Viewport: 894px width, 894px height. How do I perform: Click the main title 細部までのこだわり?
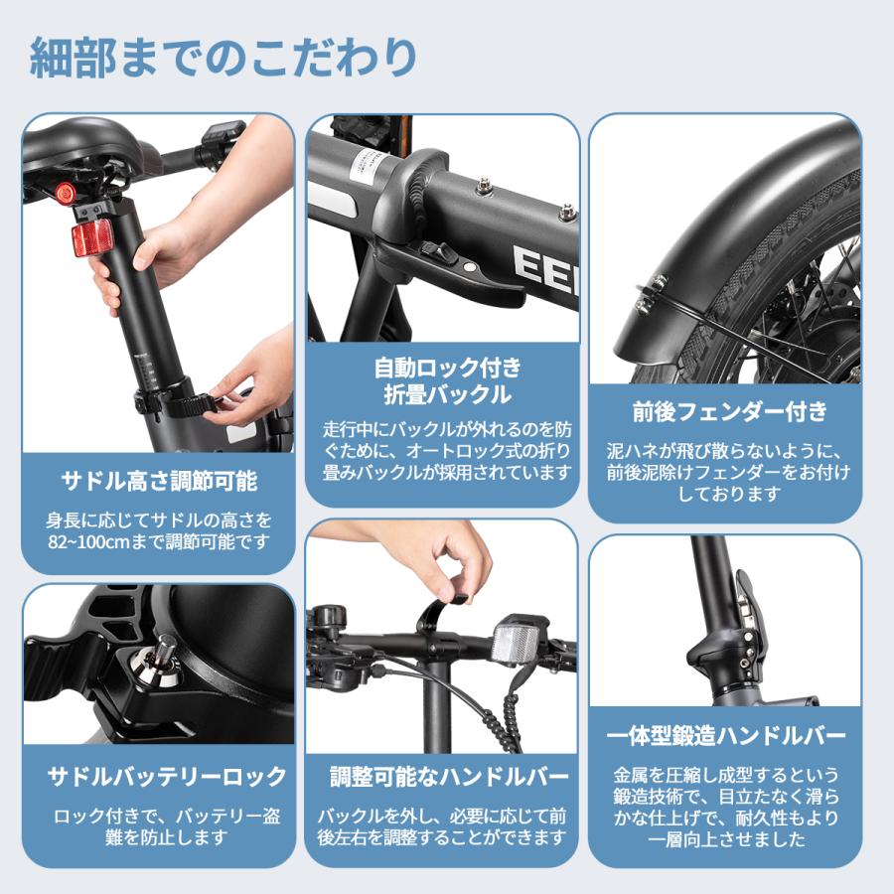223,58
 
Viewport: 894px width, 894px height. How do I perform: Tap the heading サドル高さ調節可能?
159,481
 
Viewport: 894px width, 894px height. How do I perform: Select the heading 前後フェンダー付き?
729,411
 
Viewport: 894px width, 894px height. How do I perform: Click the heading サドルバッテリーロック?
167,776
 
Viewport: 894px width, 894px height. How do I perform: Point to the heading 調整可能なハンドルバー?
449,776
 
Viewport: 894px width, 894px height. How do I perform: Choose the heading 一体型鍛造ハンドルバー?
726,735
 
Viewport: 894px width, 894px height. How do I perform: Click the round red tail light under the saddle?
65,192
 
